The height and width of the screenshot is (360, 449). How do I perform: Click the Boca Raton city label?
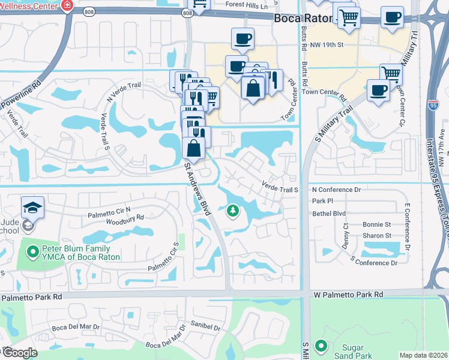[x=301, y=18]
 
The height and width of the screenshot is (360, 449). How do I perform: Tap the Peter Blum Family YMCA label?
[x=76, y=253]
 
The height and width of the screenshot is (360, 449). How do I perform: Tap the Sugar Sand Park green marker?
[x=321, y=346]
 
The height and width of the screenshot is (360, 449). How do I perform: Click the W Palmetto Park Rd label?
[x=348, y=295]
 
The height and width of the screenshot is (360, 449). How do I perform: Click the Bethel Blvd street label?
[x=330, y=213]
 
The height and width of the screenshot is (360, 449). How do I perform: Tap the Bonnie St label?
[x=377, y=224]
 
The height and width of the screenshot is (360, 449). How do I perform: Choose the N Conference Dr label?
[x=336, y=190]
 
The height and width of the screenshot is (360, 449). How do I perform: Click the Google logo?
[x=20, y=353]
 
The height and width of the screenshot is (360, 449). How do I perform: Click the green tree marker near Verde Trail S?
[x=232, y=211]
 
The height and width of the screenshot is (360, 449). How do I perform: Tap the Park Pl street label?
[x=322, y=201]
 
